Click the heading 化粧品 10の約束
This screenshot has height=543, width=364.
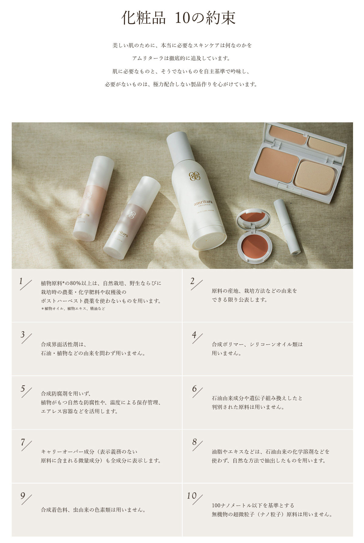178,18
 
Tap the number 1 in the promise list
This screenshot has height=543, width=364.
21,281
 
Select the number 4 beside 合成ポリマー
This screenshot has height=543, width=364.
194,335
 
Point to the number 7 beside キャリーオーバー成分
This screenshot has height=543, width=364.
23,442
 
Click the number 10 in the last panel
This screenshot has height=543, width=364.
192,496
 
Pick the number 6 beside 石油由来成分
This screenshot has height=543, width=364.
194,388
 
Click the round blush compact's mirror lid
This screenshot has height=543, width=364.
253,219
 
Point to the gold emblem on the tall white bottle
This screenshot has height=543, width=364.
195,176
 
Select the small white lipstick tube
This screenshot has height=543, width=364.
287,226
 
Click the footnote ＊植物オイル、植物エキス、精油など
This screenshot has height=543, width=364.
73,309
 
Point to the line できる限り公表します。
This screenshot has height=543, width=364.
240,300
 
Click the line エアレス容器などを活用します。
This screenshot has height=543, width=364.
80,411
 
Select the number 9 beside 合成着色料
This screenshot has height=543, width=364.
23,496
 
